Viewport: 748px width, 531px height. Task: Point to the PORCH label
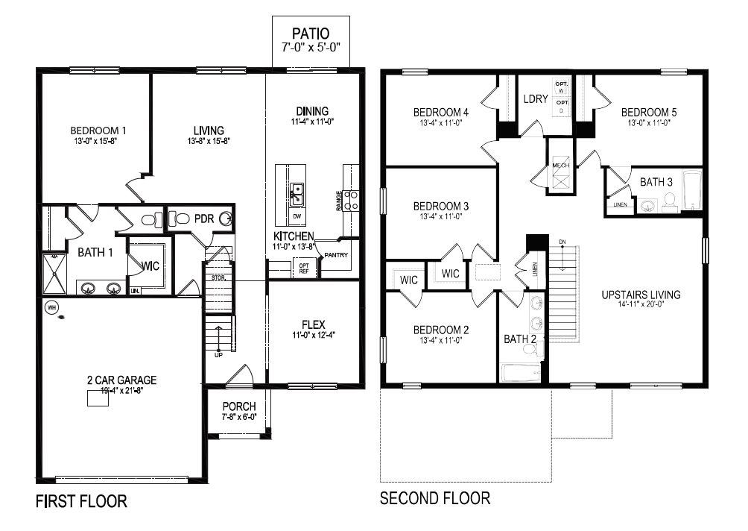point(238,406)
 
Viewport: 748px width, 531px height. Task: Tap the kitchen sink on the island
point(297,194)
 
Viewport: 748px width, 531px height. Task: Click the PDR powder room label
point(204,219)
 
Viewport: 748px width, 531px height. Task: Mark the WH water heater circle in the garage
point(51,307)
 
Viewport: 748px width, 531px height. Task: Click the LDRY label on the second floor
point(536,98)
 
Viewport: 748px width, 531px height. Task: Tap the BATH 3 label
point(656,181)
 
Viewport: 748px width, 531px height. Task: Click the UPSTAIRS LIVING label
point(641,295)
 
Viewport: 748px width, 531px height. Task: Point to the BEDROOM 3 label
point(441,206)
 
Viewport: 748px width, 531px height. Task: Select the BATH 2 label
point(520,339)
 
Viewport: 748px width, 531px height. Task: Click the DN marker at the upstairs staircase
point(562,242)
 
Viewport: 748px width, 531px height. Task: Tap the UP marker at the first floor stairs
point(219,354)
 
